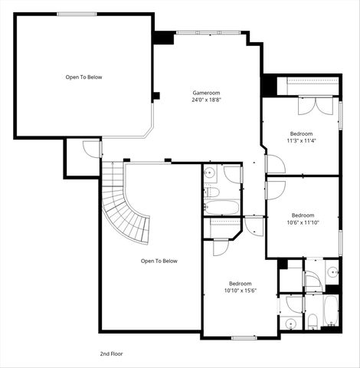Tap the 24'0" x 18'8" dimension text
[x=207, y=100]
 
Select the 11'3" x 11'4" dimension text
[x=302, y=140]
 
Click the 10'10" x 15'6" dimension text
[x=241, y=291]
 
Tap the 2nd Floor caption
[x=111, y=353]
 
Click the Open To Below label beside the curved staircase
[x=159, y=261]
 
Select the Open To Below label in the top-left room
[x=83, y=77]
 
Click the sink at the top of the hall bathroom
[x=211, y=174]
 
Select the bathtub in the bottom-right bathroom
[x=330, y=312]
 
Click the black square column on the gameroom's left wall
[x=155, y=96]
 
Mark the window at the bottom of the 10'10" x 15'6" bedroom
[x=244, y=337]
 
